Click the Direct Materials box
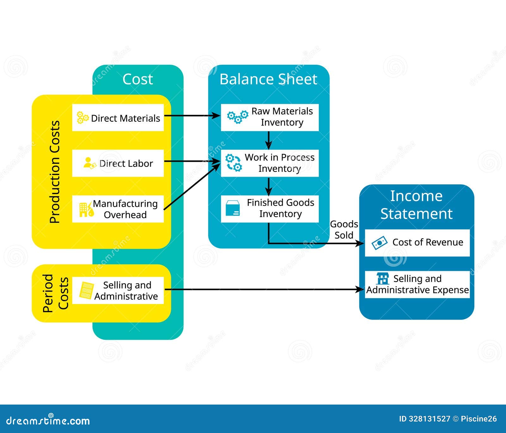pyautogui.click(x=118, y=118)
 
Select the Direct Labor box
pyautogui.click(x=118, y=163)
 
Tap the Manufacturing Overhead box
pyautogui.click(x=118, y=209)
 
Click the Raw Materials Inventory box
pyautogui.click(x=269, y=117)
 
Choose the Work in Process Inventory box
pyautogui.click(x=269, y=163)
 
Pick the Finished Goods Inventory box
pyautogui.click(x=269, y=209)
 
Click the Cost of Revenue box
pyautogui.click(x=417, y=242)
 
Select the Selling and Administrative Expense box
pyautogui.click(x=417, y=284)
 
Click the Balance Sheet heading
pyautogui.click(x=268, y=79)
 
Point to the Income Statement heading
pyautogui.click(x=416, y=205)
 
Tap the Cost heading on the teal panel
pyautogui.click(x=138, y=79)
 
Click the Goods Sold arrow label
pyautogui.click(x=344, y=230)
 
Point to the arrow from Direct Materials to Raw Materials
pyautogui.click(x=191, y=116)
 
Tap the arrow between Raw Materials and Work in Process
pyautogui.click(x=268, y=140)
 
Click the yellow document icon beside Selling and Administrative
pyautogui.click(x=86, y=290)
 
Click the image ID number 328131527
pyautogui.click(x=429, y=419)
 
